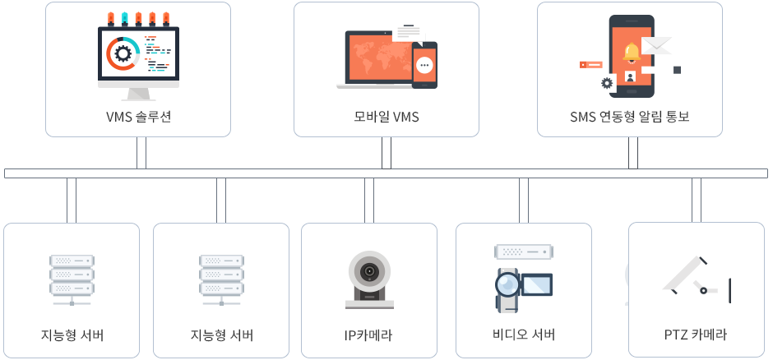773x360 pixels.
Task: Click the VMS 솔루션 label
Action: point(138,117)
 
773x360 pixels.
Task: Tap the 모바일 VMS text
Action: point(381,117)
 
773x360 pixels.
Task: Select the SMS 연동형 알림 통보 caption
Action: point(630,117)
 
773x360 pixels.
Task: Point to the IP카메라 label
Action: point(368,335)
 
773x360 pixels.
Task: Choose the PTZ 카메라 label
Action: point(695,335)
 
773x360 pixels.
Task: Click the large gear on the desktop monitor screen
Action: point(123,54)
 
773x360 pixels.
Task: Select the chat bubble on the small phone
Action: point(424,65)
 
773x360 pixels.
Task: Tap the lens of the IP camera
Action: point(368,271)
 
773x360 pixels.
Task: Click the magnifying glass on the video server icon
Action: point(507,284)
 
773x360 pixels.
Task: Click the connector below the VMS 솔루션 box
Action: point(141,153)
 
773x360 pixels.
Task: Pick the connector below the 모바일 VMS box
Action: point(386,153)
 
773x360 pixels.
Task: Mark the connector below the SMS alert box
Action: point(633,153)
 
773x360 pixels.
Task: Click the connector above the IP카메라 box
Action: point(368,200)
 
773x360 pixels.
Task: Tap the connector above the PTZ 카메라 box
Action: point(697,200)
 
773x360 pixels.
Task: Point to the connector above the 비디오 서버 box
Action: point(524,200)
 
